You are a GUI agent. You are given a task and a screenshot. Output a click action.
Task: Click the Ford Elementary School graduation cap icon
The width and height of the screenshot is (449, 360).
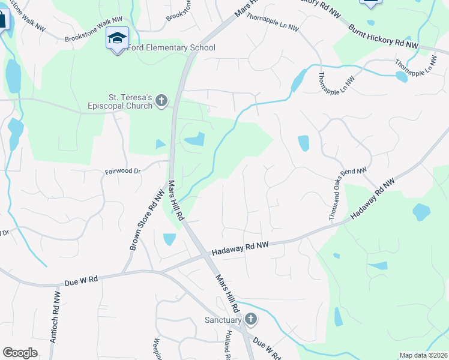click(117, 38)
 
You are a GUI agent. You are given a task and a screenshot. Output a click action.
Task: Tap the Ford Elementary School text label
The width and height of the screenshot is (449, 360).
click(170, 47)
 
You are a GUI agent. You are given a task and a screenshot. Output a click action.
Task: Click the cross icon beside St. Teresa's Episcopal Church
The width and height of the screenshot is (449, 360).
click(161, 101)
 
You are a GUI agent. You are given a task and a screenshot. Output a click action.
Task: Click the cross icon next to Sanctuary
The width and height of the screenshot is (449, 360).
click(251, 319)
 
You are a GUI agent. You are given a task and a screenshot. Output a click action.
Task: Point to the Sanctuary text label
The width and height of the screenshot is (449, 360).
click(223, 320)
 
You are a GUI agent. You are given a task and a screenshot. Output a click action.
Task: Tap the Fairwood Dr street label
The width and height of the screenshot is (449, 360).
click(122, 171)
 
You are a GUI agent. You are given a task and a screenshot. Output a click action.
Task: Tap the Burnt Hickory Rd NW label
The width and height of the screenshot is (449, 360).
click(384, 36)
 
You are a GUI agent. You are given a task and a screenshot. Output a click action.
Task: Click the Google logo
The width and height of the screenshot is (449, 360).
click(20, 353)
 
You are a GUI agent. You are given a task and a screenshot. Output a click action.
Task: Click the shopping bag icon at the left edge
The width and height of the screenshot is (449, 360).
click(2, 20)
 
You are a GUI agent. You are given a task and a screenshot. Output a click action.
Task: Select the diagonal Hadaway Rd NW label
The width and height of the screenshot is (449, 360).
click(373, 200)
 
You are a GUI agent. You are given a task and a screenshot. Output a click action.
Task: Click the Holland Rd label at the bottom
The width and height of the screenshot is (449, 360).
click(229, 346)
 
